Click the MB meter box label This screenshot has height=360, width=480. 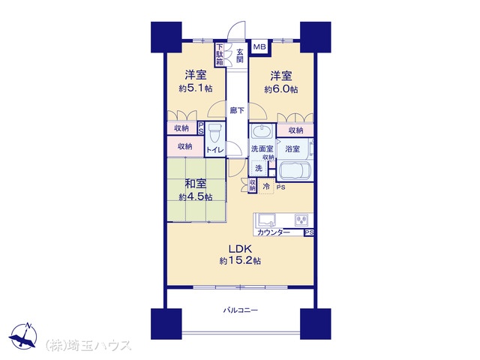pyautogui.click(x=260, y=47)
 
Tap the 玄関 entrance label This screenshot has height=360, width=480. pyautogui.click(x=240, y=55)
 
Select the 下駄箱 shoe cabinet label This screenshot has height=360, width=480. pyautogui.click(x=220, y=54)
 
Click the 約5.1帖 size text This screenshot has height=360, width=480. pyautogui.click(x=196, y=88)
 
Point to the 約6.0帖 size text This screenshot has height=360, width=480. pyautogui.click(x=281, y=89)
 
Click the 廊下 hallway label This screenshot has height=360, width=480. pyautogui.click(x=237, y=110)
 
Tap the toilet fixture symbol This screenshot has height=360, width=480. pyautogui.click(x=214, y=133)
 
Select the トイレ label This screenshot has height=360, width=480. pyautogui.click(x=215, y=150)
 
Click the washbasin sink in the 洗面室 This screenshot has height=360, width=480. pyautogui.click(x=261, y=131)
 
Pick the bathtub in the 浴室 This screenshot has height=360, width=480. pyautogui.click(x=295, y=170)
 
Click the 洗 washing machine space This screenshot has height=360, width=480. pyautogui.click(x=259, y=168)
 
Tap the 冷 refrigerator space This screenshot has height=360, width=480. pyautogui.click(x=266, y=187)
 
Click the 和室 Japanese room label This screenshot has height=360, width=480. pyautogui.click(x=196, y=184)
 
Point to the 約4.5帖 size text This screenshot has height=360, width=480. pyautogui.click(x=196, y=196)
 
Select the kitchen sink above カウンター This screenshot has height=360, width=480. pyautogui.click(x=267, y=220)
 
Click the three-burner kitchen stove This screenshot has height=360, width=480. pyautogui.click(x=302, y=220)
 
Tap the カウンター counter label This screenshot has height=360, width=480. pyautogui.click(x=274, y=232)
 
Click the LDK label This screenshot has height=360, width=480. pyautogui.click(x=240, y=248)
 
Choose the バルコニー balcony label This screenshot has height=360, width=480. pyautogui.click(x=240, y=310)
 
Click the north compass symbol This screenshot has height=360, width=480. pyautogui.click(x=23, y=336)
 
